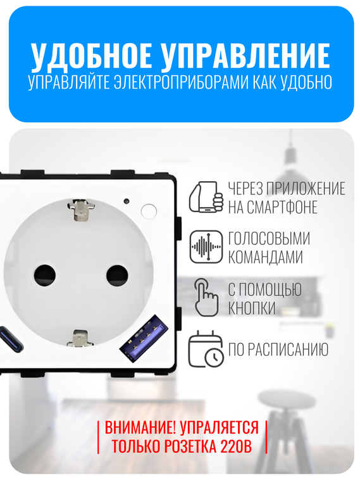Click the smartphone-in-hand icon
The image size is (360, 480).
pos(207,197)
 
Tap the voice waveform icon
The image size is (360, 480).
pos(206,247)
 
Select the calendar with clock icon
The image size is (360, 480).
pos(206,349)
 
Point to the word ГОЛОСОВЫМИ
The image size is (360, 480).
pos(269,238)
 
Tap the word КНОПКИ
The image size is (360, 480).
pos(252,308)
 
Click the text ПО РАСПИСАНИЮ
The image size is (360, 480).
pos(278,350)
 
